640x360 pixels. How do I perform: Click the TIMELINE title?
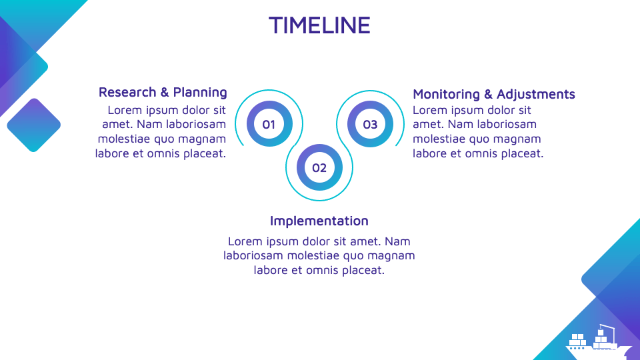coord(319,25)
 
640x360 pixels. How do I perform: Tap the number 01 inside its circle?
coord(269,124)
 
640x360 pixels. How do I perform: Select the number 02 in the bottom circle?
coord(319,167)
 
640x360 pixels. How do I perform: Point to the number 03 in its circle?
coord(370,124)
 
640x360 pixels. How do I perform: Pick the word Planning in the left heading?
coord(199,92)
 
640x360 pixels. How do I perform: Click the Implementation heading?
coord(319,221)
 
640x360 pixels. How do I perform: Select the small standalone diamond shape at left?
coord(33,125)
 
